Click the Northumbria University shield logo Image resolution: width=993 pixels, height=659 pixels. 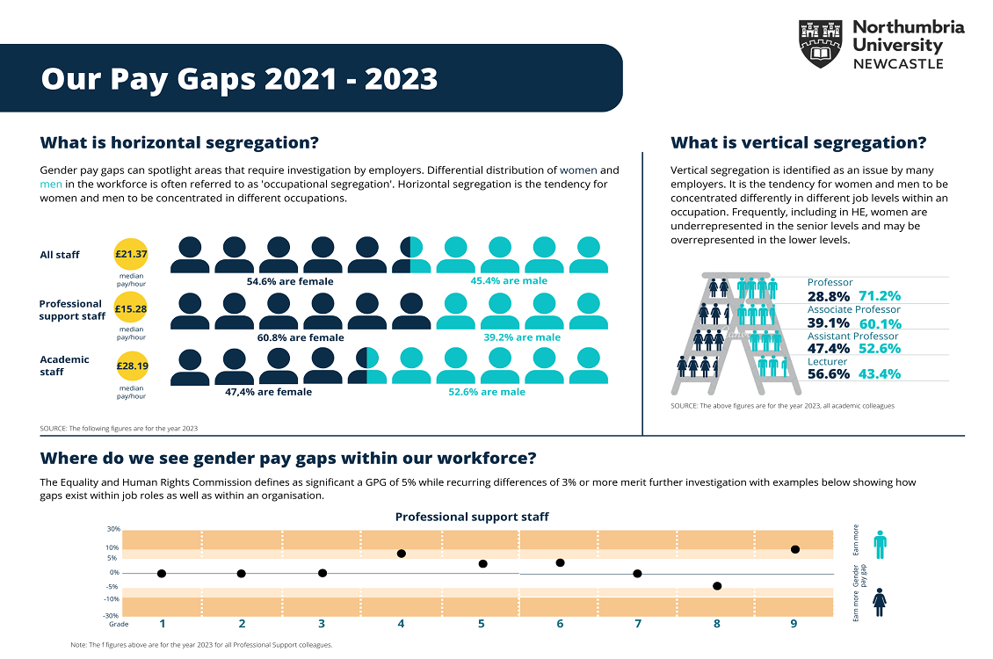(x=821, y=44)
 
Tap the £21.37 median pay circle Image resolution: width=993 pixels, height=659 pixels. (x=131, y=254)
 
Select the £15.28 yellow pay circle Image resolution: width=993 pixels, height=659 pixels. (x=131, y=309)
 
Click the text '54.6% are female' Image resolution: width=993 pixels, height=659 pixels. (x=289, y=281)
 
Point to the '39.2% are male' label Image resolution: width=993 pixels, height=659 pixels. (x=521, y=337)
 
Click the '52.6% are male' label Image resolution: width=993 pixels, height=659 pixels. (x=487, y=392)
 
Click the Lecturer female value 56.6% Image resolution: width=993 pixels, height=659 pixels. (x=829, y=374)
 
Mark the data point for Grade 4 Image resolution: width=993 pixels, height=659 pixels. (x=401, y=554)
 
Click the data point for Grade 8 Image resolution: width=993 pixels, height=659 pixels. (x=717, y=586)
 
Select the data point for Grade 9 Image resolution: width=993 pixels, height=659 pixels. (x=794, y=549)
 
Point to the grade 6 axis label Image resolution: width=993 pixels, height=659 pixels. (x=560, y=624)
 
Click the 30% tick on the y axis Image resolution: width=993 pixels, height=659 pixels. (x=113, y=529)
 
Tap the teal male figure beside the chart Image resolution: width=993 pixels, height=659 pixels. (x=880, y=545)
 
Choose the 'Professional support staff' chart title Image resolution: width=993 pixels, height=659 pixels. (x=471, y=517)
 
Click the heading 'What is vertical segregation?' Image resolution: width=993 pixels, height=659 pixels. (x=798, y=143)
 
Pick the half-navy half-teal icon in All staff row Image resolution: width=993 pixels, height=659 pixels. (x=411, y=254)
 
